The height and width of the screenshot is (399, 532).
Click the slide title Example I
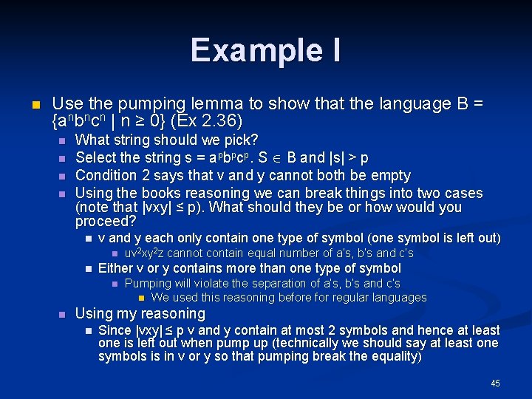coord(265,50)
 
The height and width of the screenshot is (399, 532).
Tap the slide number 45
coord(495,383)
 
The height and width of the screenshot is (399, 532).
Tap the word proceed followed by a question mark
coord(106,221)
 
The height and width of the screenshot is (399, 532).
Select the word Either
coord(115,268)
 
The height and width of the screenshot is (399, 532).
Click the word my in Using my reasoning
coord(125,314)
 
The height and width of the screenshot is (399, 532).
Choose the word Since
coord(114,330)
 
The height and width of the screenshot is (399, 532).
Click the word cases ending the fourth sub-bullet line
coord(463,193)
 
